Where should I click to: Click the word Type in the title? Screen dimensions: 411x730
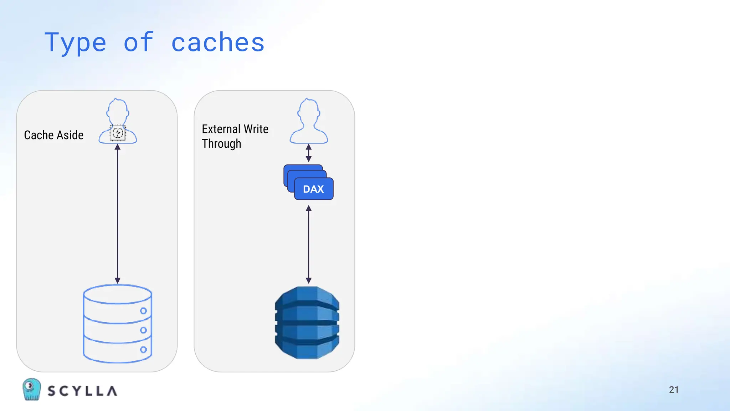click(75, 43)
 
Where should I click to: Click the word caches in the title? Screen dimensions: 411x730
click(218, 42)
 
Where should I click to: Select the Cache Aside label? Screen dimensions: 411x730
click(54, 135)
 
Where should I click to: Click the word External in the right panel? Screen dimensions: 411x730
click(221, 129)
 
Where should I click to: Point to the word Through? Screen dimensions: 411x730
click(221, 143)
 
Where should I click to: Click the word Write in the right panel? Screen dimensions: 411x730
click(256, 129)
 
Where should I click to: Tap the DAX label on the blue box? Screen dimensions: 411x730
click(313, 189)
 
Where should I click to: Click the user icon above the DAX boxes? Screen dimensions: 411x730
click(309, 121)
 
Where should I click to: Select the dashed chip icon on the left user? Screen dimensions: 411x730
click(118, 133)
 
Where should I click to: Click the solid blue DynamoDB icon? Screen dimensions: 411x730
click(307, 323)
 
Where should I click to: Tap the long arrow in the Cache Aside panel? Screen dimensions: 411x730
click(118, 214)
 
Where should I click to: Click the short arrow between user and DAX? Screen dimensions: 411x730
click(309, 153)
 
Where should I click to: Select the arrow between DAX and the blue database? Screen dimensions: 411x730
click(309, 244)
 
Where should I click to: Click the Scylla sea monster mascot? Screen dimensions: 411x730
click(31, 389)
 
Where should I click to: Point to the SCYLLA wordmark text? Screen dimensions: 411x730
click(82, 391)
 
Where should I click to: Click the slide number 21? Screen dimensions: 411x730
click(674, 390)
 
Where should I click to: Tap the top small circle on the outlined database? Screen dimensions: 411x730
click(143, 311)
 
